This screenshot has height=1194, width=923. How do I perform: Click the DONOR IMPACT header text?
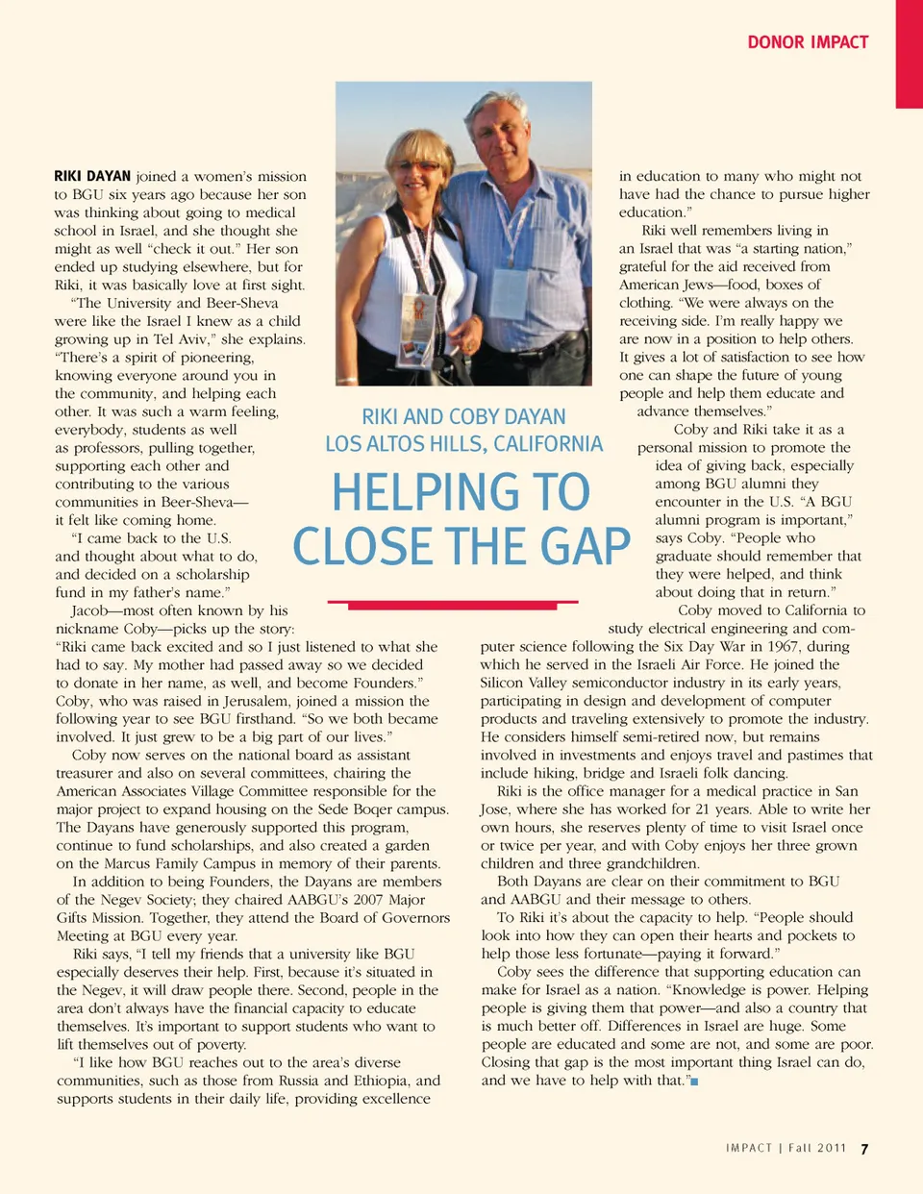[808, 42]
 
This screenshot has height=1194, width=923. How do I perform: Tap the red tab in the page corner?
[909, 53]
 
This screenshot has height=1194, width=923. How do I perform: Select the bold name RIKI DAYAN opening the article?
[92, 176]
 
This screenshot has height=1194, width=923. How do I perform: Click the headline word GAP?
[585, 546]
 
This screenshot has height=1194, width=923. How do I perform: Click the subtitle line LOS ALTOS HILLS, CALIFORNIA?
[464, 444]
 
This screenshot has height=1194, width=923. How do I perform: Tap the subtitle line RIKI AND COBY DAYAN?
[463, 417]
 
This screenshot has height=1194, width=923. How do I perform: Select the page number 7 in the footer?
[864, 1149]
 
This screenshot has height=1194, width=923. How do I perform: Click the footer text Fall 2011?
[817, 1148]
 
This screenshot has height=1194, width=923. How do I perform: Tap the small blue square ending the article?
[694, 1082]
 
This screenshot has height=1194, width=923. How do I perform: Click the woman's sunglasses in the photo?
[420, 166]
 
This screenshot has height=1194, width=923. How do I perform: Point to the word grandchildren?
[652, 863]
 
